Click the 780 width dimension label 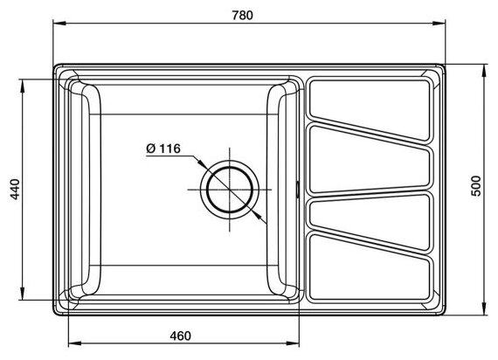click(x=242, y=15)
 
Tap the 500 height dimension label click(x=477, y=186)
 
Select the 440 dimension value click(x=15, y=190)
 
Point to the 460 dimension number click(x=180, y=336)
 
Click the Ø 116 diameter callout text click(x=163, y=149)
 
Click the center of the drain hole click(x=230, y=190)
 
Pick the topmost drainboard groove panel click(x=370, y=109)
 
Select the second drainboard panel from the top click(x=370, y=159)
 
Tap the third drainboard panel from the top click(x=370, y=221)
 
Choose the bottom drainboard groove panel click(x=370, y=268)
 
